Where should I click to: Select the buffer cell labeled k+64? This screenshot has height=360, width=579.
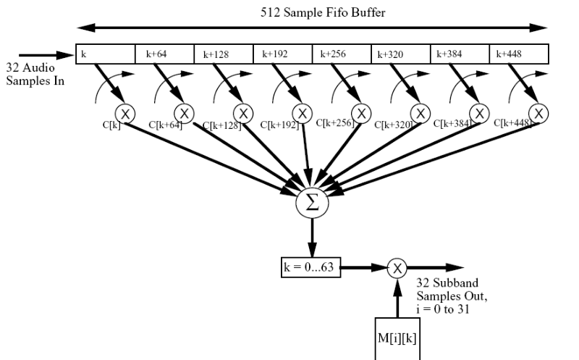tap(164, 54)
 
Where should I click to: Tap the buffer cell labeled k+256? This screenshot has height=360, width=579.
tap(342, 54)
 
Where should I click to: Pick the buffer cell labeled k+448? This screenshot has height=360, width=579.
tap(519, 54)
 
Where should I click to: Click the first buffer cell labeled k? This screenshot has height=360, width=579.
tap(106, 54)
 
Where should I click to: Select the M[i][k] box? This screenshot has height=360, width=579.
tap(397, 338)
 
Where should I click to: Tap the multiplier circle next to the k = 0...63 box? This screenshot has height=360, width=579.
tap(397, 268)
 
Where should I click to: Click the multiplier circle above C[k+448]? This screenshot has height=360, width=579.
tap(538, 112)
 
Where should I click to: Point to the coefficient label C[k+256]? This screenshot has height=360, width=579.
tap(337, 124)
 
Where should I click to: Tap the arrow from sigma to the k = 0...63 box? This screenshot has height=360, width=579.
tap(313, 238)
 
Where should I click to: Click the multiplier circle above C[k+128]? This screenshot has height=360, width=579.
tap(242, 112)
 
